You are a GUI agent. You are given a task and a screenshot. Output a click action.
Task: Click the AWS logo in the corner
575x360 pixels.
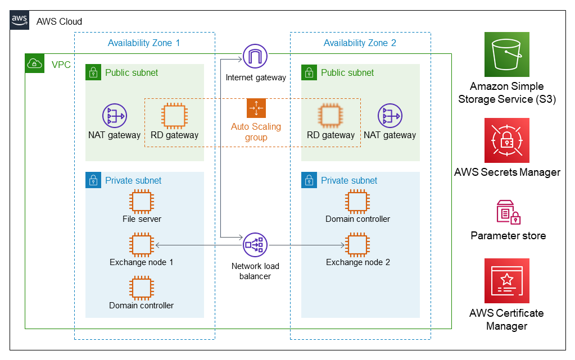20,20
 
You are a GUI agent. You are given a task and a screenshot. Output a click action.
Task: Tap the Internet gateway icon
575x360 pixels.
255,56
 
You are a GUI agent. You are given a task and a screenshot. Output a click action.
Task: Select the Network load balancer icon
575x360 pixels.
255,245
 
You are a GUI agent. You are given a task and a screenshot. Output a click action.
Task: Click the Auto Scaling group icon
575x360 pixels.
256,108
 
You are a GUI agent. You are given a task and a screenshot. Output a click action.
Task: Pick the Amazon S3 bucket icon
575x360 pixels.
507,54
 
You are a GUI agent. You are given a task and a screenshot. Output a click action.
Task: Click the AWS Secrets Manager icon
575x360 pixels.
507,140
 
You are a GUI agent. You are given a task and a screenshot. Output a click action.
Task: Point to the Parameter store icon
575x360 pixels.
508,212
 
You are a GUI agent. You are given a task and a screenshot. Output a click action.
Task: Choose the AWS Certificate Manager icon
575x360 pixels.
507,281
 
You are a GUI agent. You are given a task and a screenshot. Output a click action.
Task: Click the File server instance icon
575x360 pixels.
142,202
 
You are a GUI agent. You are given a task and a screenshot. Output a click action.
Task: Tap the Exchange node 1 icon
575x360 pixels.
142,245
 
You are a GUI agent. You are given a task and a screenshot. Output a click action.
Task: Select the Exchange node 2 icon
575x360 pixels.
357,245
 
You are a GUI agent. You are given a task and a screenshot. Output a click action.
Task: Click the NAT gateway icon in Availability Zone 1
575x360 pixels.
115,116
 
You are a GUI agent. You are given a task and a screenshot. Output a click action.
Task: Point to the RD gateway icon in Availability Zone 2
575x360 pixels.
330,116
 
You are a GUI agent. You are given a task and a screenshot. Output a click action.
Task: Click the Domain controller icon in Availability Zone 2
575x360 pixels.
357,202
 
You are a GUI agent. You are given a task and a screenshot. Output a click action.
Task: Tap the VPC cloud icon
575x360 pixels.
34,63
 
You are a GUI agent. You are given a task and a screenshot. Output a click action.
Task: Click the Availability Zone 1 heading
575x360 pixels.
144,43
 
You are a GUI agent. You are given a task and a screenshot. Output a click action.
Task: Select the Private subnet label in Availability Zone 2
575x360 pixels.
349,180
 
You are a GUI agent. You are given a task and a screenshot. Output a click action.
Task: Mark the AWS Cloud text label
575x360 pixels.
60,22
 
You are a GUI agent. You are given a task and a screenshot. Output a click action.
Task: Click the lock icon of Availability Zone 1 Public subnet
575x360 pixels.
93,72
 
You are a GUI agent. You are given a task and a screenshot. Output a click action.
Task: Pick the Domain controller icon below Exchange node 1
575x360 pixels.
142,288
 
